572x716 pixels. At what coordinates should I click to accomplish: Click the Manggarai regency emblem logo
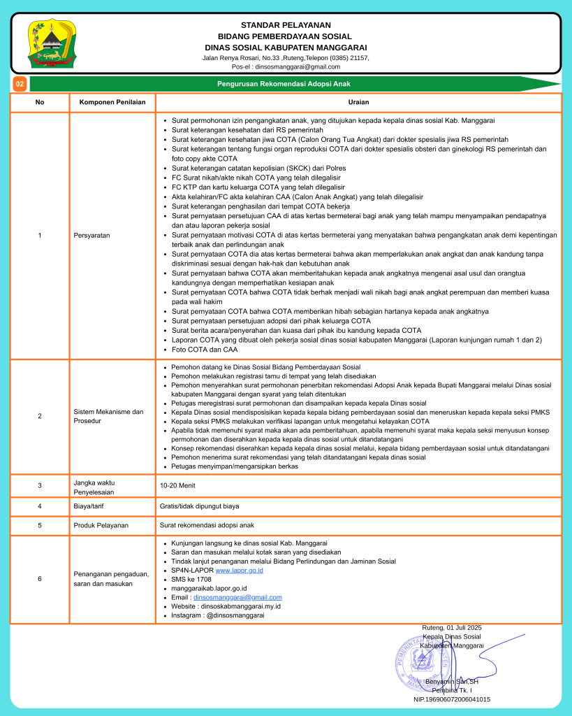51,43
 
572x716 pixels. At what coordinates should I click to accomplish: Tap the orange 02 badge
20,84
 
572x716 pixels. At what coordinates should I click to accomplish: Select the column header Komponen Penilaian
112,102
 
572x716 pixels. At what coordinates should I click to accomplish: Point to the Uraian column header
358,102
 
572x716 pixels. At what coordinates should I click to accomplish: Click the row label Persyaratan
92,236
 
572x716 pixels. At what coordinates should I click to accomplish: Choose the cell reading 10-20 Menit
178,484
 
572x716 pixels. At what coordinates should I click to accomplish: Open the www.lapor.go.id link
240,571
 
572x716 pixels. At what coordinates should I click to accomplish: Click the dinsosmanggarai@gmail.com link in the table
237,597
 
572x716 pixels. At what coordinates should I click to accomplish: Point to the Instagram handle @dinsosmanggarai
218,615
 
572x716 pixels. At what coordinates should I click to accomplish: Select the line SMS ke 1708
191,580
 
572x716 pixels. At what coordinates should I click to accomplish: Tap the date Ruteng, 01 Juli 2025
452,628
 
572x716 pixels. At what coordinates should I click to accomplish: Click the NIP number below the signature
452,699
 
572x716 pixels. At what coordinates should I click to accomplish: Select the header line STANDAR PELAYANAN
285,26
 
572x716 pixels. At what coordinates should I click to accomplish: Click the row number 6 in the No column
40,579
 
